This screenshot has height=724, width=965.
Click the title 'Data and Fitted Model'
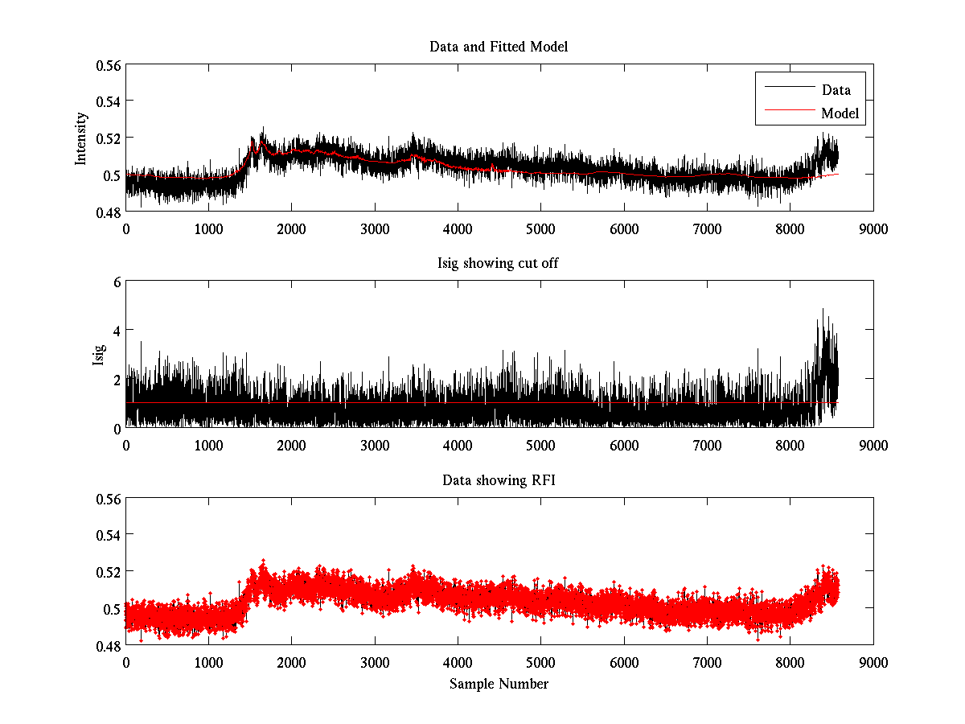(x=499, y=47)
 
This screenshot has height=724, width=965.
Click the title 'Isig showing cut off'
(x=499, y=263)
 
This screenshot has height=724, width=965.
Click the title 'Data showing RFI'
(x=499, y=480)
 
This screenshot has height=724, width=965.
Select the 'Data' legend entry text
(x=836, y=90)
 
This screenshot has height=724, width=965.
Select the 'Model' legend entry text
(x=840, y=113)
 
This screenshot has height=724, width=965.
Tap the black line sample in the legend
(x=788, y=87)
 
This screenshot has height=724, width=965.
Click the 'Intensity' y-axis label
(x=81, y=138)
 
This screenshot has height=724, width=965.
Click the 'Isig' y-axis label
(x=99, y=355)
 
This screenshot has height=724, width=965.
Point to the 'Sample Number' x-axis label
(x=499, y=684)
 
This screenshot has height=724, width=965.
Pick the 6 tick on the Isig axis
(x=117, y=282)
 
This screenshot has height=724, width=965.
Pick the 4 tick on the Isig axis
(x=117, y=331)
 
